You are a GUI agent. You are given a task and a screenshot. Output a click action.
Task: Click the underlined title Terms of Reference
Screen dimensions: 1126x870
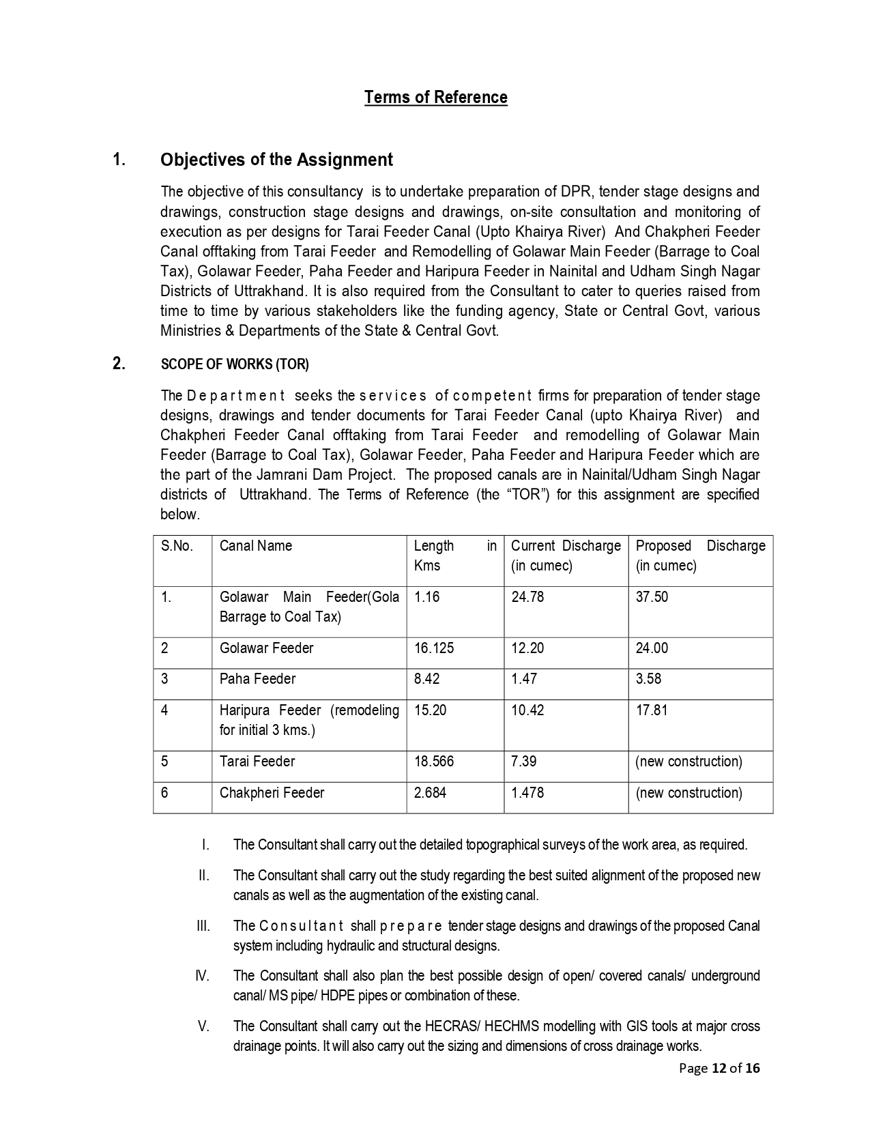point(435,98)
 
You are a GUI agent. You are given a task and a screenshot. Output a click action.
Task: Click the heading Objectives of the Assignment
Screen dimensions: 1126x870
point(276,160)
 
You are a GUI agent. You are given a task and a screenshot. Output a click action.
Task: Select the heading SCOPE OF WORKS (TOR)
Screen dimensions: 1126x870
point(235,364)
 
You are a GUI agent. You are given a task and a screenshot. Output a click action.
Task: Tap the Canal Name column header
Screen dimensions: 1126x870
point(255,546)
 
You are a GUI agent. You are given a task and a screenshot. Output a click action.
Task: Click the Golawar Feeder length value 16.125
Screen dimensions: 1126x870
point(433,648)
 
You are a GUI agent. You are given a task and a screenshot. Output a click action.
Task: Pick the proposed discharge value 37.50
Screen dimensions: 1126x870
point(652,597)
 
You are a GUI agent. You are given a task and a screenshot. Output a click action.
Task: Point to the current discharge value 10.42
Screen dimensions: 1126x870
point(527,710)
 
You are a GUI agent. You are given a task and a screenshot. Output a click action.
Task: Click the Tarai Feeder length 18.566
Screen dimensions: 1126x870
point(433,762)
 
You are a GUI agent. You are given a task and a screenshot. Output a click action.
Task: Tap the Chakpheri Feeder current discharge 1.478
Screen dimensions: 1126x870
point(527,793)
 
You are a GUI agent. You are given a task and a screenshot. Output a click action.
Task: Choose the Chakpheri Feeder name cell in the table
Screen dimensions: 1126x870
point(272,793)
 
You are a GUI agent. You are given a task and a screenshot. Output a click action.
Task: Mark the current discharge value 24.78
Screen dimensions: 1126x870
point(527,597)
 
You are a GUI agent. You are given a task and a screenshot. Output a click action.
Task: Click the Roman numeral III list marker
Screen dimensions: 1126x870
point(203,926)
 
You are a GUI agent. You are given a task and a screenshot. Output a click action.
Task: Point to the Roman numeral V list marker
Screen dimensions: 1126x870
point(203,1026)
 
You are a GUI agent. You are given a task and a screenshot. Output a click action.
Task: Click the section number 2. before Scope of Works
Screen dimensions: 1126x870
point(119,364)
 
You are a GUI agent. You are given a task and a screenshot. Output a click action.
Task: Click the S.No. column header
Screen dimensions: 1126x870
point(177,546)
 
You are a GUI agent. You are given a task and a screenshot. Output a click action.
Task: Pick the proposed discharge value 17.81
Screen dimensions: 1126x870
point(652,710)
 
